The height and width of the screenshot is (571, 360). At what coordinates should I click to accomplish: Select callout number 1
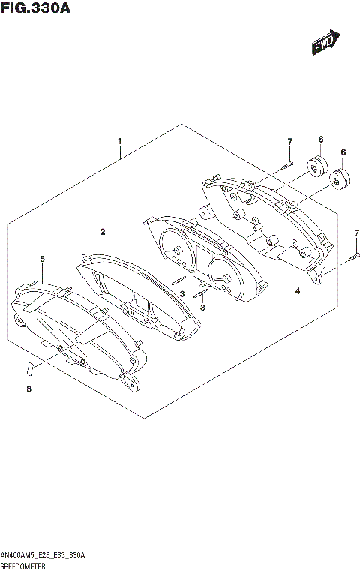click(x=119, y=140)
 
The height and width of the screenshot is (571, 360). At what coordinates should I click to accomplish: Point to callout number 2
click(x=103, y=231)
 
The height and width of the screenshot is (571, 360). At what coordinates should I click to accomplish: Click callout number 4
click(x=298, y=290)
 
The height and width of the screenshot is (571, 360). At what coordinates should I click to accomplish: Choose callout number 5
click(x=43, y=260)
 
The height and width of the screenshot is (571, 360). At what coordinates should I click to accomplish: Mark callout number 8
click(x=29, y=389)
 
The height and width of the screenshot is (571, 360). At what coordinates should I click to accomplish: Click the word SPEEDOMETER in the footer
click(x=25, y=564)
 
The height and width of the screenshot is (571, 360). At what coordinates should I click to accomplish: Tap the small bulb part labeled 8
click(x=31, y=368)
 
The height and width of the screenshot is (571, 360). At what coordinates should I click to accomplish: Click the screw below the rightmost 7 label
click(x=355, y=257)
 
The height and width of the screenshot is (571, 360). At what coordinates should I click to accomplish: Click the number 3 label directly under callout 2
click(x=181, y=293)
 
